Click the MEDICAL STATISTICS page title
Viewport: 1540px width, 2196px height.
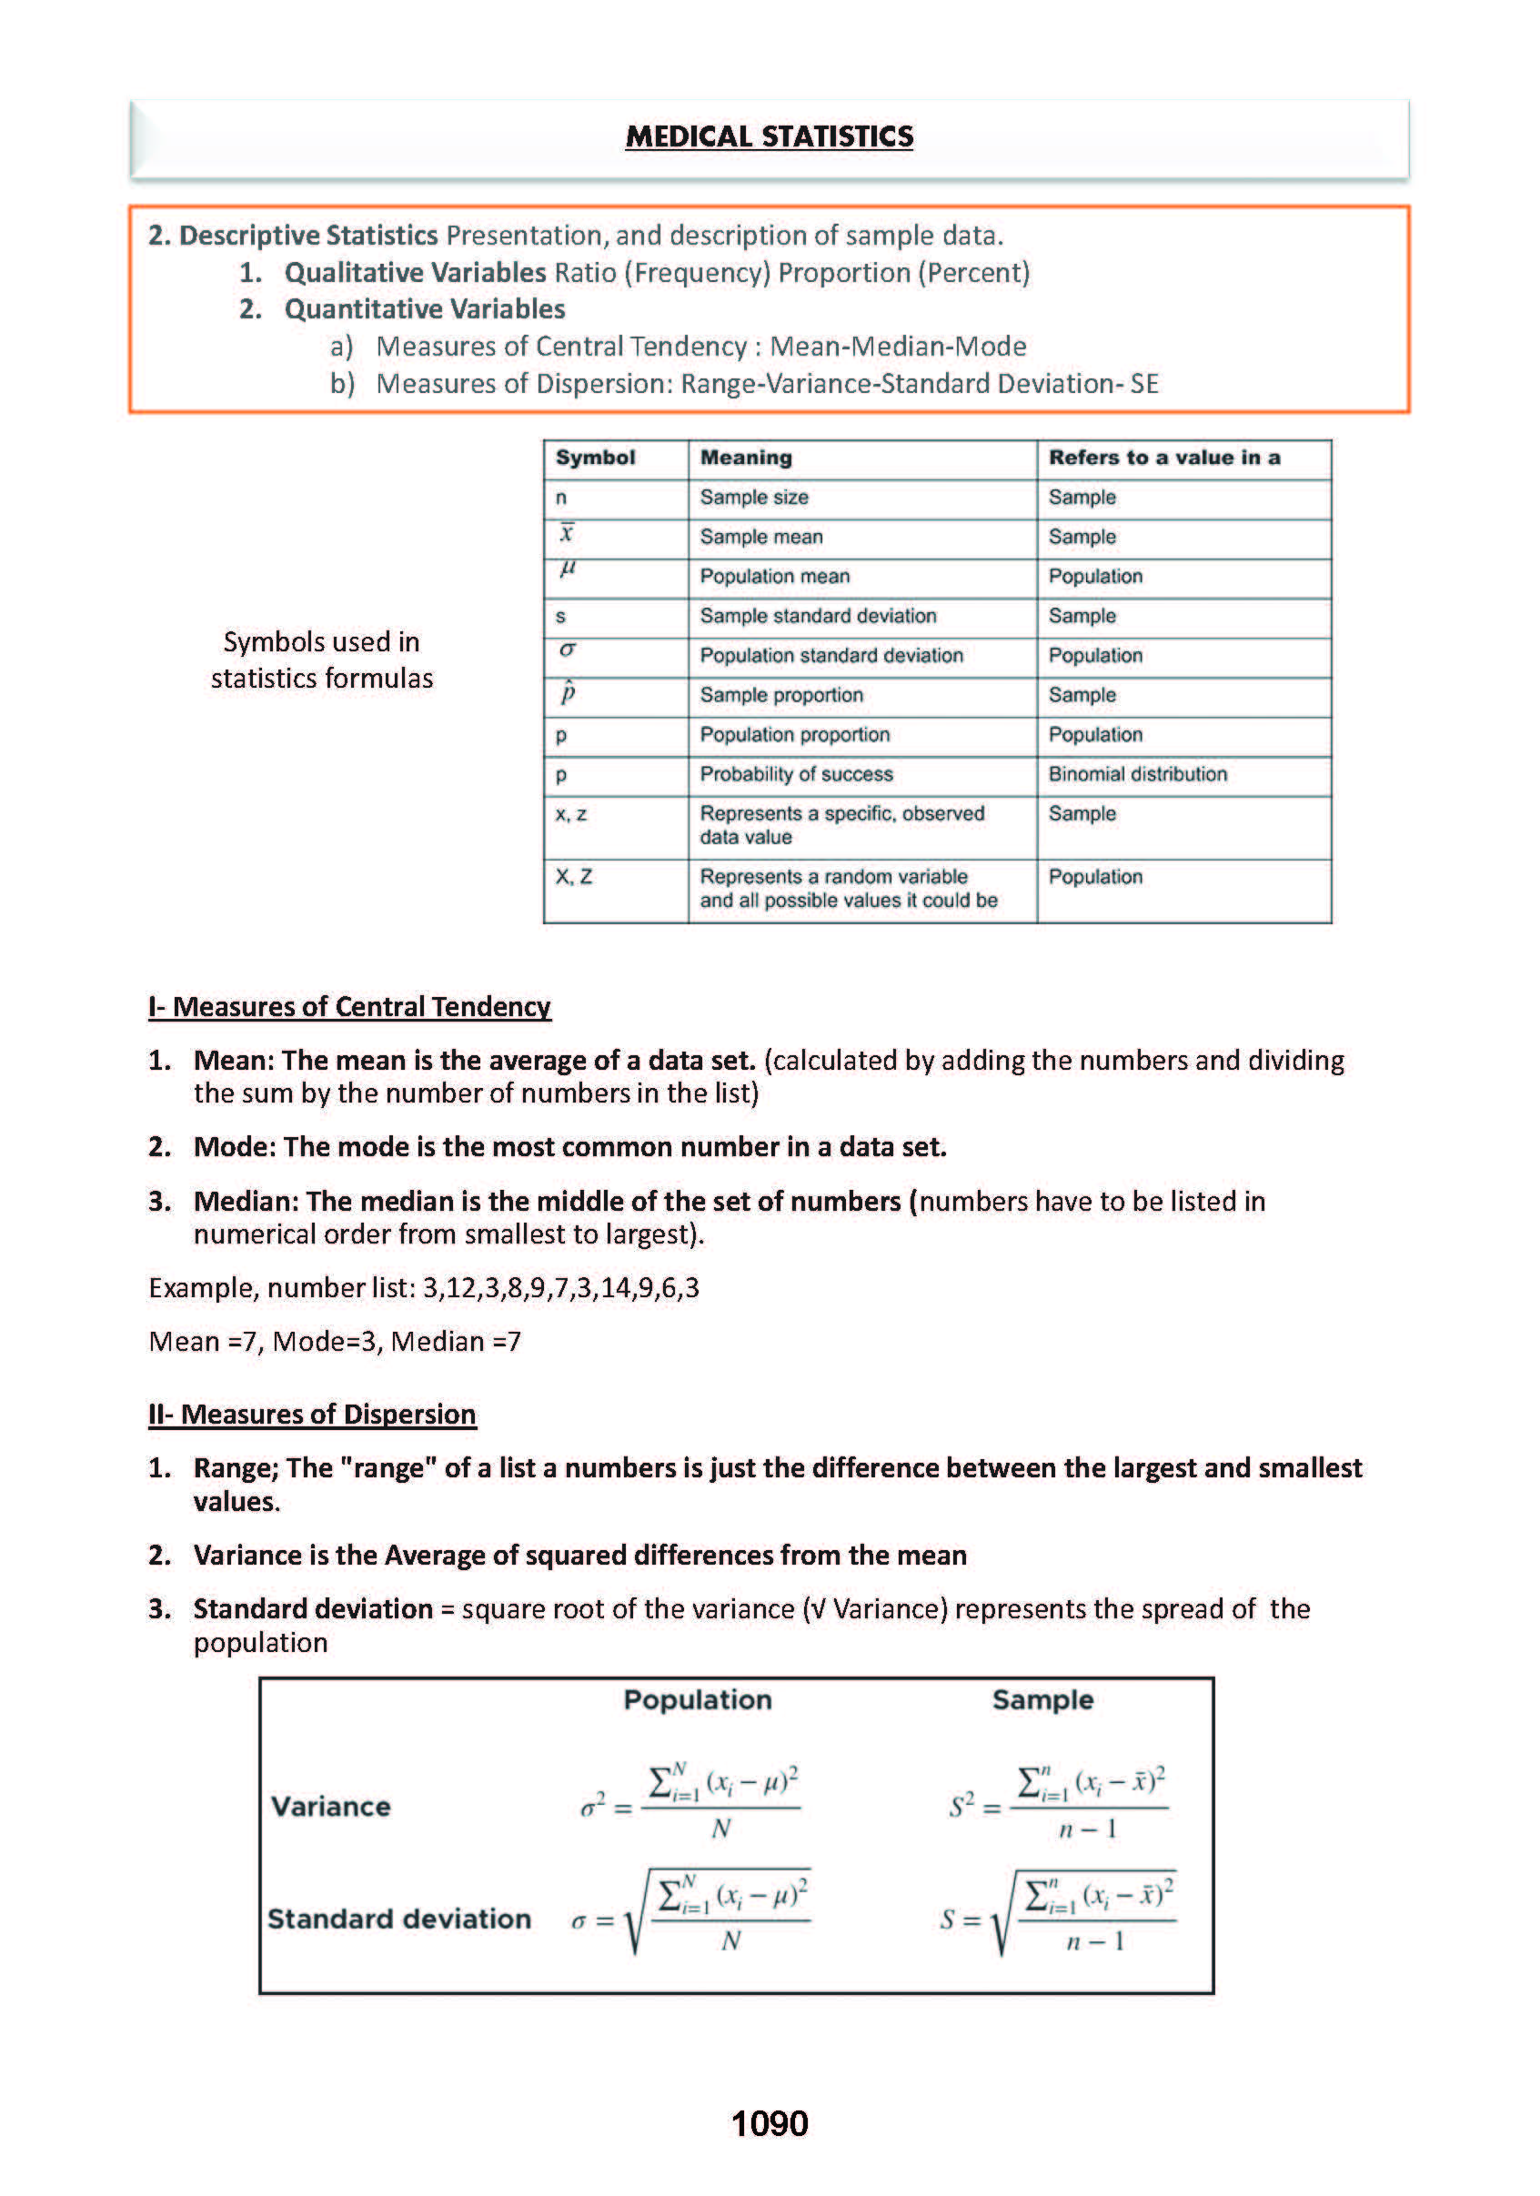pos(769,136)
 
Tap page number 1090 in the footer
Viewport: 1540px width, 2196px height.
pos(769,2123)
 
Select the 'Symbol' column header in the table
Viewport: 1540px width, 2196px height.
pos(595,458)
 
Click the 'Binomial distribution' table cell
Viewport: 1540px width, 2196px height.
pos(1137,774)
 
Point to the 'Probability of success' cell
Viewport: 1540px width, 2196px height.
pos(796,774)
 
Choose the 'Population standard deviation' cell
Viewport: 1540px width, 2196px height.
pos(831,655)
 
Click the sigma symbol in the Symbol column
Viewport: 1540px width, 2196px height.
pos(568,650)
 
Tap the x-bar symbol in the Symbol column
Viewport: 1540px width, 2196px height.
pos(567,533)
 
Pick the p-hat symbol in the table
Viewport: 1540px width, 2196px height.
pos(568,691)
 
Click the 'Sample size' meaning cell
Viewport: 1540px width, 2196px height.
pos(754,498)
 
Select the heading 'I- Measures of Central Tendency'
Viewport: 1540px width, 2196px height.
pos(349,1006)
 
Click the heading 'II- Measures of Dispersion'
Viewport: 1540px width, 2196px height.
pos(312,1414)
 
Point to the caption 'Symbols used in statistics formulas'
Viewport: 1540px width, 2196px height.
pos(321,660)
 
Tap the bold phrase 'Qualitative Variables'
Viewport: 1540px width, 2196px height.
pos(415,273)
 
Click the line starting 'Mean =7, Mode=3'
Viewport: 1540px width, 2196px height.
pos(335,1341)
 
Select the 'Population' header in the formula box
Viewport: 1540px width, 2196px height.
pos(698,1699)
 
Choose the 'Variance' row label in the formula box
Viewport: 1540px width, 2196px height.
pos(331,1806)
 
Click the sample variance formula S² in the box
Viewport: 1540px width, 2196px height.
pos(1058,1805)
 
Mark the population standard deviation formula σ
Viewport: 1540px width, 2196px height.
pos(690,1917)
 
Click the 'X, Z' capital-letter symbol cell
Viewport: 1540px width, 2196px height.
pos(574,876)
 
